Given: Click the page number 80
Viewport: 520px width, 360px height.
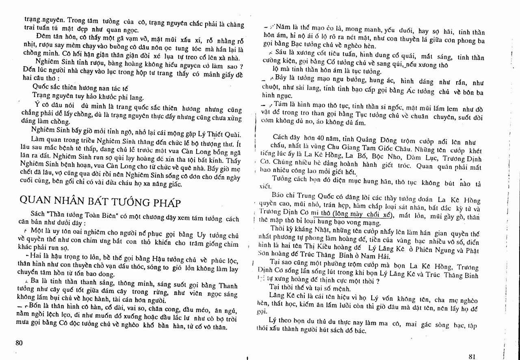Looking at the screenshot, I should [x=19, y=342].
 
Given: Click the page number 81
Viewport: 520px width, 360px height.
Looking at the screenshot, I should [x=472, y=356].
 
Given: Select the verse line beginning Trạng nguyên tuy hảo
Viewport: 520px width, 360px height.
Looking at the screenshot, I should [x=88, y=97].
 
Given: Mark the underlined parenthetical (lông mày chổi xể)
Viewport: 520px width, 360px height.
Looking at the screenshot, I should [x=362, y=215].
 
